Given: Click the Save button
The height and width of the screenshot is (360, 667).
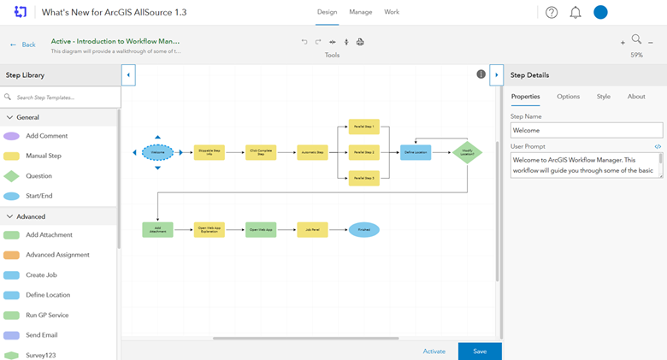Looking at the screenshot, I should [x=480, y=351].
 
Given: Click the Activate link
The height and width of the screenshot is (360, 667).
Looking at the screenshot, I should [x=434, y=351].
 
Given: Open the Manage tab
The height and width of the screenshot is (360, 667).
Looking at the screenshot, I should [x=360, y=12].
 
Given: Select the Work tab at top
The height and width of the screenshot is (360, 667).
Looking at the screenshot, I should [x=392, y=12].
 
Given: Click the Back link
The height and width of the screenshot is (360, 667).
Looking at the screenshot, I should [x=23, y=44].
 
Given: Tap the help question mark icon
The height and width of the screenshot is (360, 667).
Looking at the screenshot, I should [x=552, y=13].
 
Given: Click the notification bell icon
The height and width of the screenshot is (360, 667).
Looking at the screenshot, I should [x=576, y=13].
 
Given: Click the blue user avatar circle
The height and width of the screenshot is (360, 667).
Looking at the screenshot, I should [x=600, y=13].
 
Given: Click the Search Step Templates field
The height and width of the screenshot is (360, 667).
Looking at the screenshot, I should [x=64, y=97].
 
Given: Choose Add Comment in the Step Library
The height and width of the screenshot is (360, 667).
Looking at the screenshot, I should [x=46, y=136].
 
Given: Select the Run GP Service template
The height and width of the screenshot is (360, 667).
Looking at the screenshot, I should [x=47, y=315].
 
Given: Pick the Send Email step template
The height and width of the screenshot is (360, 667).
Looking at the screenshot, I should [x=41, y=335].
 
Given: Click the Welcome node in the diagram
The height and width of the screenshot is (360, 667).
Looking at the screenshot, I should [x=157, y=152].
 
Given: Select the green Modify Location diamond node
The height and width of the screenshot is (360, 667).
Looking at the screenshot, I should [x=467, y=152].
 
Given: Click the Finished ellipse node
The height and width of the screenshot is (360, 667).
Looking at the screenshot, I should [x=363, y=229].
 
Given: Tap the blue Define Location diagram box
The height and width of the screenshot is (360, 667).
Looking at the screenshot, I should [x=416, y=152].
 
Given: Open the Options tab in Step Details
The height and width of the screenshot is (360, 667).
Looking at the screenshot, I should [x=568, y=97].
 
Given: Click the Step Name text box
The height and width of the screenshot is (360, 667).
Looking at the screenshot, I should [x=586, y=130].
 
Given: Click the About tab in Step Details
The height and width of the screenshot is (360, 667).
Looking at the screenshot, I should [x=636, y=97].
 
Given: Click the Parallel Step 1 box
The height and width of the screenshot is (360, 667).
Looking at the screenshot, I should [x=363, y=127].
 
